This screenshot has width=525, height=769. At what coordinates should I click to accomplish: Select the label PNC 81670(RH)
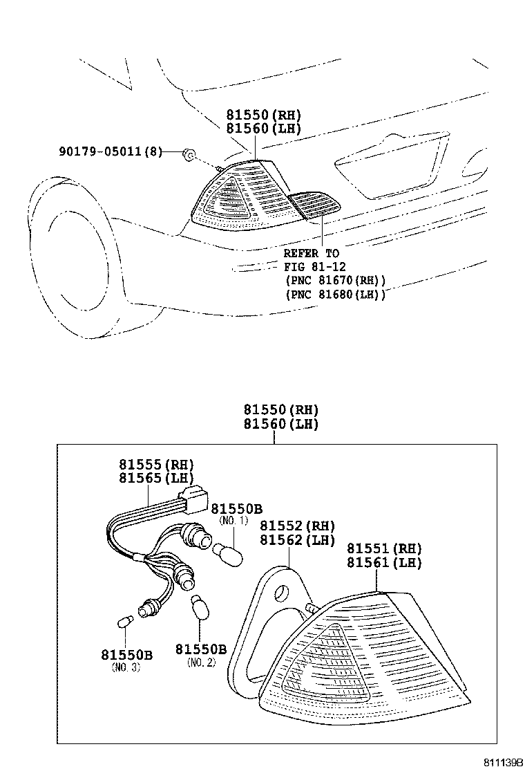pos(334,280)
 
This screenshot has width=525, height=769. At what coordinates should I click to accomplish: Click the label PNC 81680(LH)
pos(334,294)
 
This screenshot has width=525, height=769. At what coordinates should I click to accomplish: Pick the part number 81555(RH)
pos(156,464)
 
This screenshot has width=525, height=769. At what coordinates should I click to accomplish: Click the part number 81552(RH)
pos(297,526)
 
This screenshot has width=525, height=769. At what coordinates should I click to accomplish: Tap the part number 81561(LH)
pos(384,563)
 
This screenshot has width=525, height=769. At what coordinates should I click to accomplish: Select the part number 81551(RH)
pos(384,549)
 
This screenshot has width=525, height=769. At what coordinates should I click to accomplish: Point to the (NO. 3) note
pos(126,667)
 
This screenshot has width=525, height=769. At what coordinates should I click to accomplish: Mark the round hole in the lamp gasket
pos(282,593)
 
